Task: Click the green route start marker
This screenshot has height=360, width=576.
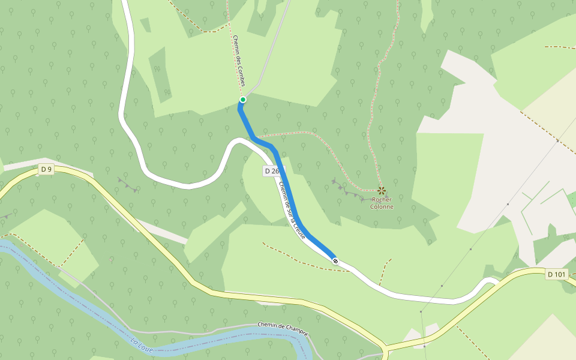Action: tap(243, 100)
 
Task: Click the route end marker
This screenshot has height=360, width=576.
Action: tap(335, 260)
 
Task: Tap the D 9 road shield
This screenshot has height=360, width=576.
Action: tap(46, 169)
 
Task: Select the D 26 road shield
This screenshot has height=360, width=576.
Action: tap(271, 171)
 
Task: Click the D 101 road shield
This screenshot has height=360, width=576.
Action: tap(557, 275)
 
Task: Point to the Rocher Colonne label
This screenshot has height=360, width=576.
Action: tap(382, 203)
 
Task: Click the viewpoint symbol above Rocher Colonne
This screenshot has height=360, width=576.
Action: tap(381, 191)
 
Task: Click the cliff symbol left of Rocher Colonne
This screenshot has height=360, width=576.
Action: tap(348, 189)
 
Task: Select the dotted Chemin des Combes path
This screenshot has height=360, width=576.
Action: tap(231, 36)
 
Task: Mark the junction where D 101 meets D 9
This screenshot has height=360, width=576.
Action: tap(386, 348)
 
